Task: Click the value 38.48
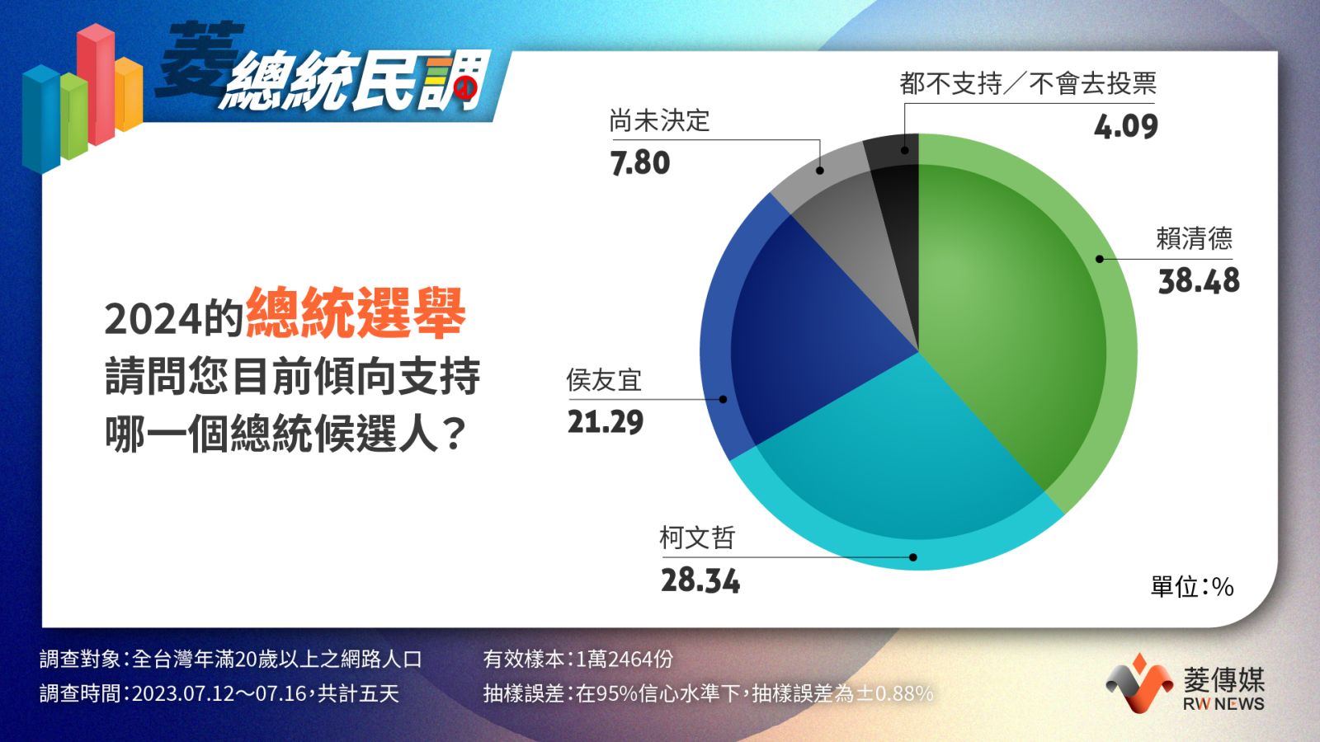tap(1199, 281)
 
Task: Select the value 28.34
tap(700, 580)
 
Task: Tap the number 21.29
tap(606, 421)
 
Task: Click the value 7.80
tap(640, 162)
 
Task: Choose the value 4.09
tap(1125, 126)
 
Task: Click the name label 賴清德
tap(1194, 238)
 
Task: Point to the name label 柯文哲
tap(697, 538)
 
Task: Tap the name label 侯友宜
tap(604, 380)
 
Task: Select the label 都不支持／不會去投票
tap(1028, 83)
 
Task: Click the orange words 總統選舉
tap(356, 312)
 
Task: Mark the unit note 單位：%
tap(1192, 586)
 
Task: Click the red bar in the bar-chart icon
tap(96, 83)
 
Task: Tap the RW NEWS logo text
tap(1223, 704)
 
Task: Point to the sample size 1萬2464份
tap(624, 659)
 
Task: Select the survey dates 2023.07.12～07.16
tap(219, 693)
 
